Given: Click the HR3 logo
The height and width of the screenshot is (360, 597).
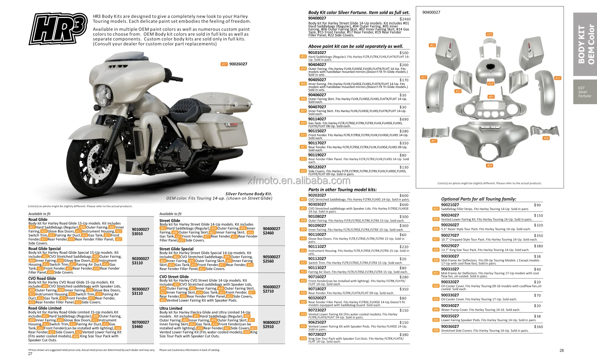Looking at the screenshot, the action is coord(58,29).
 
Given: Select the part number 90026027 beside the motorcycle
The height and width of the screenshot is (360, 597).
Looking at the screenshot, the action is coord(238,64).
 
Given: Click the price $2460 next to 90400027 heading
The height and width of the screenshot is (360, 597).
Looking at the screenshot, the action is coord(405,19).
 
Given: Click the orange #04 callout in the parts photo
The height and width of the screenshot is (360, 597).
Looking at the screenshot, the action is coord(489,165).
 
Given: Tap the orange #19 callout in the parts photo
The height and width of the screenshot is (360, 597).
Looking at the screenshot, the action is coord(489,34).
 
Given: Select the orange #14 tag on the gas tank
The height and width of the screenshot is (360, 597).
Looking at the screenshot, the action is coord(490,83).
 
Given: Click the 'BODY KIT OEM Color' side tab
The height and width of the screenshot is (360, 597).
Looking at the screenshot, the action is coord(586,44).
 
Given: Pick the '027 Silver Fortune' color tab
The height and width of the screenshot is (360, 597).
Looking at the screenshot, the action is coord(584,92).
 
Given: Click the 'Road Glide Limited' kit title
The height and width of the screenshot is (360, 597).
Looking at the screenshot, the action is coord(45,308).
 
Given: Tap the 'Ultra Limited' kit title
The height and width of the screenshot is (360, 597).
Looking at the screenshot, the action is coord(171,309).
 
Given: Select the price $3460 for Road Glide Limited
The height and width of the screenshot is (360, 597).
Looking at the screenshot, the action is coord(138,326).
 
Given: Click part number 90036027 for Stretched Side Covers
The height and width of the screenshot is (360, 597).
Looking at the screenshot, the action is coord(450,326).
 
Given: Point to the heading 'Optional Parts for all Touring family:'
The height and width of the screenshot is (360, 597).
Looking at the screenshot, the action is coord(479,199).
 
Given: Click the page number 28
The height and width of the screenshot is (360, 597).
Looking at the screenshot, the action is coord(561,351).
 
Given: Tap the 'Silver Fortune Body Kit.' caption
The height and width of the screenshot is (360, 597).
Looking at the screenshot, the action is coord(249,194).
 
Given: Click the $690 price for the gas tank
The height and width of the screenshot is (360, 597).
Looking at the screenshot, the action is coord(404,119).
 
